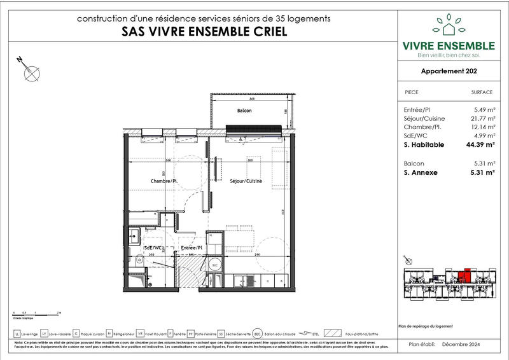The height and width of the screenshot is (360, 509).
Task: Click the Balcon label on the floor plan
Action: point(244,111)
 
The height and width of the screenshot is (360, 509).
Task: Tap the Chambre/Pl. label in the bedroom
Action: point(160,181)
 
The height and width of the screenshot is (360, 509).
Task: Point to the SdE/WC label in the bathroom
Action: point(152,247)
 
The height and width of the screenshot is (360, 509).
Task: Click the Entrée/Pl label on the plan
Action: point(192,247)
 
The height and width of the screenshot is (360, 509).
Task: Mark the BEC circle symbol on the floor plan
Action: point(215,264)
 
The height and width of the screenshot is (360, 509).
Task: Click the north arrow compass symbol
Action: point(29,71)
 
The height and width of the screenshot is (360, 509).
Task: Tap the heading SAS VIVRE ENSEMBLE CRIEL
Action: point(204,32)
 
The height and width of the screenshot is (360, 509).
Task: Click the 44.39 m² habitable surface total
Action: point(480,145)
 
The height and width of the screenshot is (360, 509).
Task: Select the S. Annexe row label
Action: point(421,172)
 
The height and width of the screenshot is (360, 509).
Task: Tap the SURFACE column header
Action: point(482,92)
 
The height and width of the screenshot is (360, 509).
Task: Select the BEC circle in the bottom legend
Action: point(258,333)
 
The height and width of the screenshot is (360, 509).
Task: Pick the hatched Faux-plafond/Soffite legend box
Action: point(331,333)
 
